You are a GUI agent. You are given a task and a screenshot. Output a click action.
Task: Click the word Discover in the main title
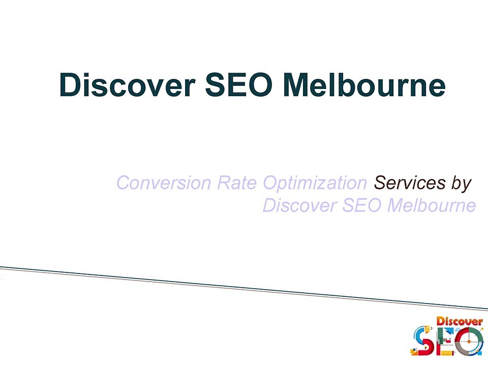[x=127, y=84]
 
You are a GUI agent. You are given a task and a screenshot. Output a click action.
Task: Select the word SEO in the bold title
[x=239, y=84]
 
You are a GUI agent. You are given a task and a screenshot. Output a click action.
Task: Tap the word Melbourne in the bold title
[x=364, y=84]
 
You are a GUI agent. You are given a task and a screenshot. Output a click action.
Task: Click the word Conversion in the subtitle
[x=164, y=182]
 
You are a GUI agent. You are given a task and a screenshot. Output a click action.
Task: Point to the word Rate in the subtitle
[x=237, y=182]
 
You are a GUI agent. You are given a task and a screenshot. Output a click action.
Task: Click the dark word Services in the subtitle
[x=410, y=182]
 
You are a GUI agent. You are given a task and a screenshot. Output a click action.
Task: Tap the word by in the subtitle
[x=462, y=184]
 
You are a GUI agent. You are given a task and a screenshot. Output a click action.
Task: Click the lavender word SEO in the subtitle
[x=362, y=206]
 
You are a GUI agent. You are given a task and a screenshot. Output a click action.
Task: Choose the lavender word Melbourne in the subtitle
[x=432, y=206]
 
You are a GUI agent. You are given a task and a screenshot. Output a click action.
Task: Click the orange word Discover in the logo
[x=460, y=321]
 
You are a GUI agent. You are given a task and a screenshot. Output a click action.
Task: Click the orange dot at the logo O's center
[x=470, y=342]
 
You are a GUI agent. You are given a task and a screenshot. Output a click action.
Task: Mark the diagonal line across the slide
[x=244, y=288]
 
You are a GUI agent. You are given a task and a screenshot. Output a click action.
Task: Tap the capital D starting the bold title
[x=70, y=84]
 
